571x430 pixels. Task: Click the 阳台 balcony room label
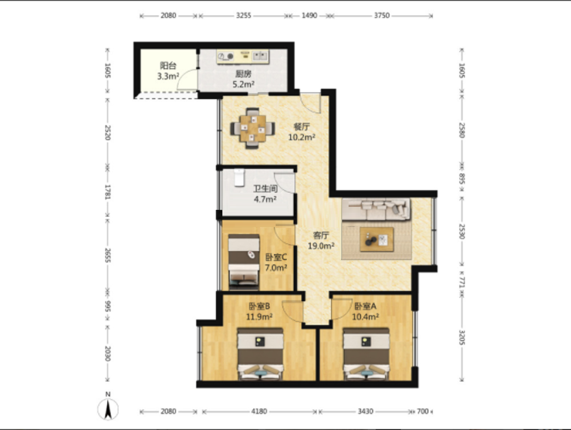click(168, 66)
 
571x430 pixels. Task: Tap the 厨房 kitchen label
click(243, 74)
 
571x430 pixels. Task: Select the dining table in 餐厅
click(252, 128)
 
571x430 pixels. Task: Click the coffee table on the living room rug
click(377, 239)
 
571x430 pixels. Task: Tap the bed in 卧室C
click(244, 262)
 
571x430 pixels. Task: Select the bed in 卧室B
click(260, 354)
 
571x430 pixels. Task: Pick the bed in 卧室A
click(366, 354)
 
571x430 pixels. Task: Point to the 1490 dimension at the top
click(309, 15)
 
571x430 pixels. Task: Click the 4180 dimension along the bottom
click(259, 411)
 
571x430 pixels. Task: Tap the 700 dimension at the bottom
click(422, 411)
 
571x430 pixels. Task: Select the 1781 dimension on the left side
click(108, 192)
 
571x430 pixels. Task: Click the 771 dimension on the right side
click(462, 282)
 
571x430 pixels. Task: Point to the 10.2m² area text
click(302, 137)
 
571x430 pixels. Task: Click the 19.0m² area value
click(321, 245)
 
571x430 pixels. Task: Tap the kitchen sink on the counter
click(260, 56)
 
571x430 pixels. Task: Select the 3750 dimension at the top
click(382, 15)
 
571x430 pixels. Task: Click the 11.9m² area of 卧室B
click(259, 317)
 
